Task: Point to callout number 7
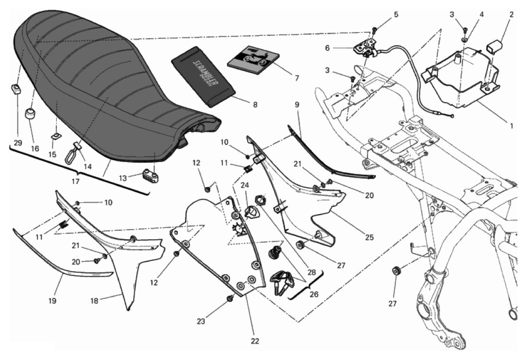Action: tap(297, 78)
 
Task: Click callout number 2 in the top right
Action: tap(511, 14)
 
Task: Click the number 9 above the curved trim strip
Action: tap(297, 105)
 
